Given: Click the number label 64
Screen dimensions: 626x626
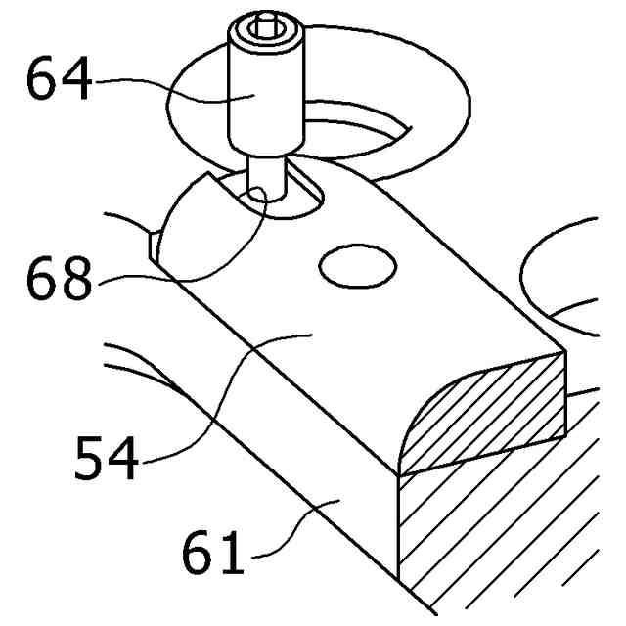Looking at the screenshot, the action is (60, 81).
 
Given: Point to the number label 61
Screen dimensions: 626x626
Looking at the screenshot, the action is (213, 555).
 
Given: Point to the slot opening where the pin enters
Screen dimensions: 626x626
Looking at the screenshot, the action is (293, 201).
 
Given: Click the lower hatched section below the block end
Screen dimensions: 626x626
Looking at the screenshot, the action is (489, 548).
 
